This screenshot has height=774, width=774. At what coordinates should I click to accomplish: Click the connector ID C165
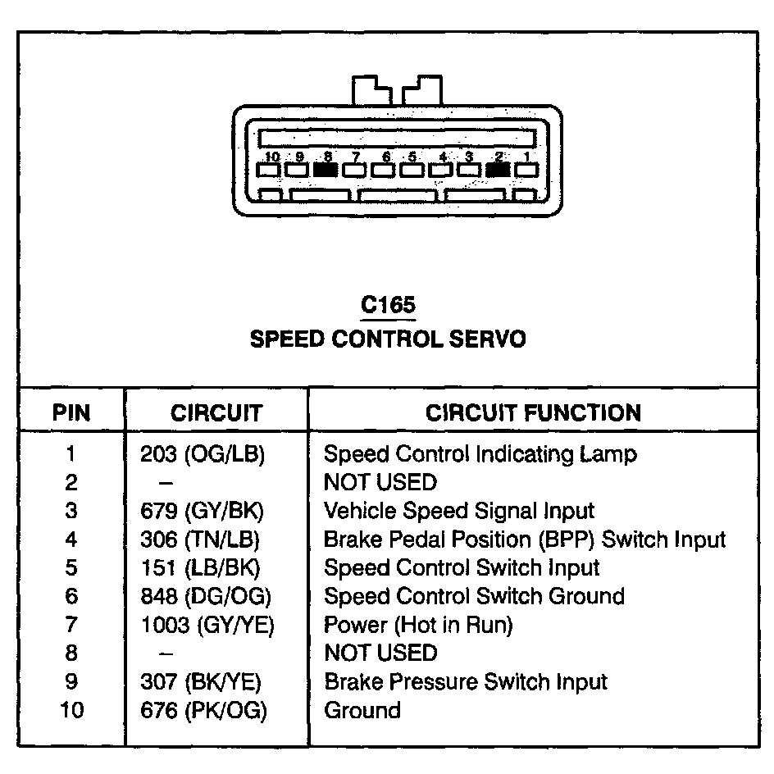388,305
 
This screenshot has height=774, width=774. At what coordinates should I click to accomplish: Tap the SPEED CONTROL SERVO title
388,339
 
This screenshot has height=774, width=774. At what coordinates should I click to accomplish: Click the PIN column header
71,412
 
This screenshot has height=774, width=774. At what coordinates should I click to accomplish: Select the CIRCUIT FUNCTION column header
533,412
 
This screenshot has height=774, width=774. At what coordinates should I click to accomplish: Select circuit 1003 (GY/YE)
207,625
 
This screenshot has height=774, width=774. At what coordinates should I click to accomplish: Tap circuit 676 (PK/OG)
204,710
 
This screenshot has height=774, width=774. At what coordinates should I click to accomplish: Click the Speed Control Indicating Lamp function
480,454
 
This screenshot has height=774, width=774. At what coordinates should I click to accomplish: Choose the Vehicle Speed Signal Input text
459,511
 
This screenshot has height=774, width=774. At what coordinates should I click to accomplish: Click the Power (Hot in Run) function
418,625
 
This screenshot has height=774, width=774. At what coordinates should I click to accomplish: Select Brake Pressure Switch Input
466,681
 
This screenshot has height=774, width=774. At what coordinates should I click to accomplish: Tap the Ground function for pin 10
362,710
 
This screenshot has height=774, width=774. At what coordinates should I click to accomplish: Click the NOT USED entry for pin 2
380,482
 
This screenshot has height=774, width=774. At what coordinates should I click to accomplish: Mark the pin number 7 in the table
71,625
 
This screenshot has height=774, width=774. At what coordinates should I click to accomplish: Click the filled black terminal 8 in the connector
326,170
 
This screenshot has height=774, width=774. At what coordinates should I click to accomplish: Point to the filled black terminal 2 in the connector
498,170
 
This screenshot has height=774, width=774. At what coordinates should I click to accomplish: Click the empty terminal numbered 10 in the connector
268,171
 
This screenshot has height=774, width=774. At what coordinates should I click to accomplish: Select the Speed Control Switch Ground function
474,596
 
